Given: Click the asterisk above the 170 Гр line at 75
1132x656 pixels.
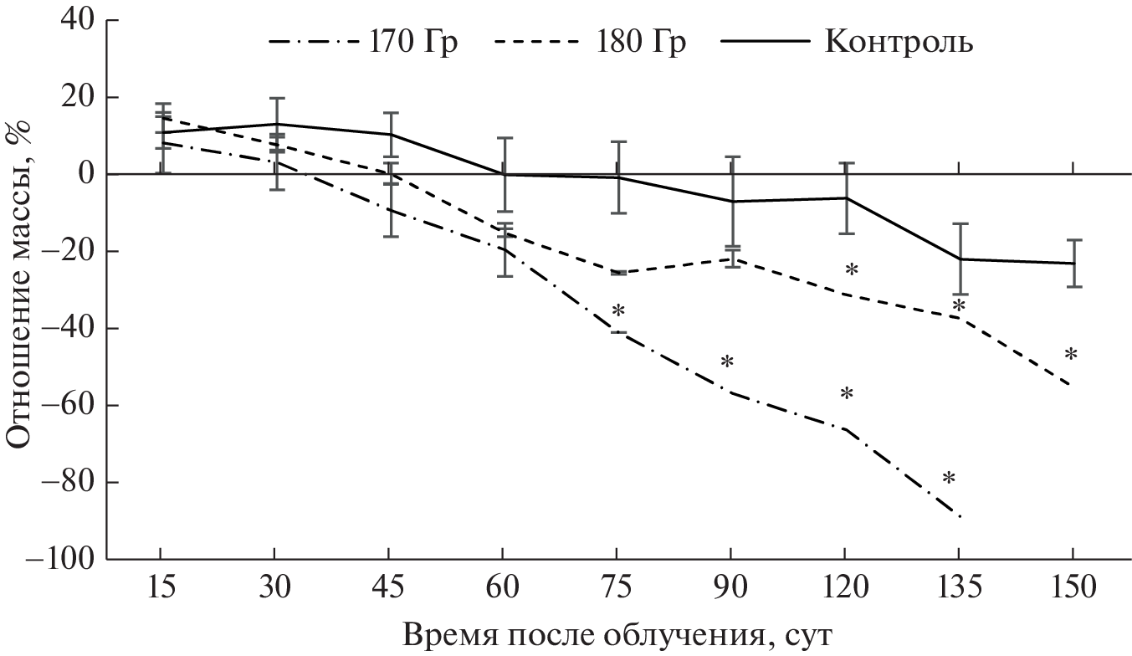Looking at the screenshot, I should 618,313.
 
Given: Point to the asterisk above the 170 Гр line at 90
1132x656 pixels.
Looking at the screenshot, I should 727,364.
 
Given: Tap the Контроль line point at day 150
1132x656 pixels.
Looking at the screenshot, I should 1073,264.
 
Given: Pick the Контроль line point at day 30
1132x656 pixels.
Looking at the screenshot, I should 274,124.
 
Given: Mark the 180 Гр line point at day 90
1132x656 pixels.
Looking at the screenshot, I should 731,259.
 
